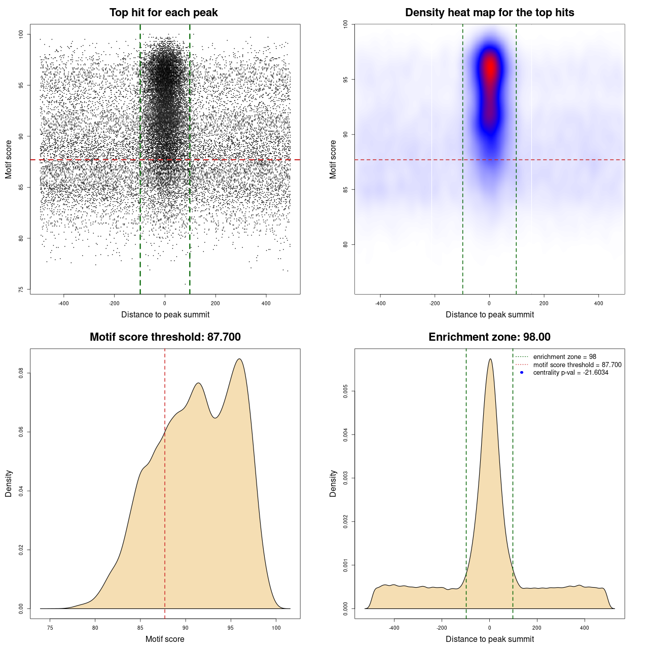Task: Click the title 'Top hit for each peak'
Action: pos(163,13)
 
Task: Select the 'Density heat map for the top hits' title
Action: pos(489,13)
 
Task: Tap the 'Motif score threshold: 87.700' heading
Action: pos(165,337)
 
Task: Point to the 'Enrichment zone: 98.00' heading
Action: pos(489,337)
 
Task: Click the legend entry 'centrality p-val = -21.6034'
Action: pos(570,373)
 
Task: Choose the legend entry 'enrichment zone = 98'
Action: pos(564,357)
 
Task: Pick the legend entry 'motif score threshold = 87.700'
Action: pos(577,365)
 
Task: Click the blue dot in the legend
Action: pos(522,373)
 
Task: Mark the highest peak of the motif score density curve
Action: pos(239,359)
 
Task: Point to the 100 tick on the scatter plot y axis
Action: pos(21,34)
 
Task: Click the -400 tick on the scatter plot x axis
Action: pos(63,303)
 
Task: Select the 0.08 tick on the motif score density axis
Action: pos(21,373)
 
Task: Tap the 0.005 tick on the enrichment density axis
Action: pos(346,391)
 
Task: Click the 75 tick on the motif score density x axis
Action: pos(50,628)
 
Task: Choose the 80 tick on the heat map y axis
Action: pos(346,244)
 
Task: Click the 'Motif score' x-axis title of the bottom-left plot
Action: pos(165,639)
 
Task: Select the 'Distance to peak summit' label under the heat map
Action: pos(489,314)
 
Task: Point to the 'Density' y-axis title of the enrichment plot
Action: pos(333,483)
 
